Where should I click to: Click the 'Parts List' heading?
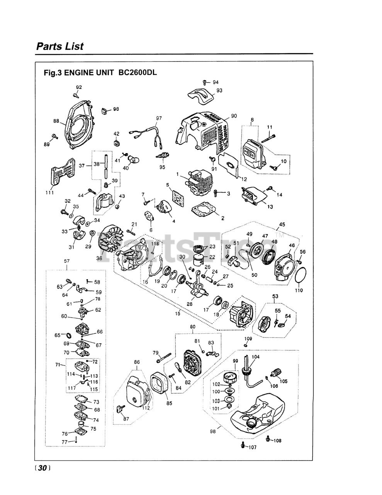(60, 46)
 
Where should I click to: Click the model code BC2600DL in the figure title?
(138, 73)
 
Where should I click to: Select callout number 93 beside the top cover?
(219, 90)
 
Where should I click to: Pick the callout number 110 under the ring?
(299, 290)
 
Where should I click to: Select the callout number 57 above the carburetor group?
(67, 261)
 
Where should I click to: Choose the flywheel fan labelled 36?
(111, 238)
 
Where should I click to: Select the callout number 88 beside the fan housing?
(56, 121)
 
